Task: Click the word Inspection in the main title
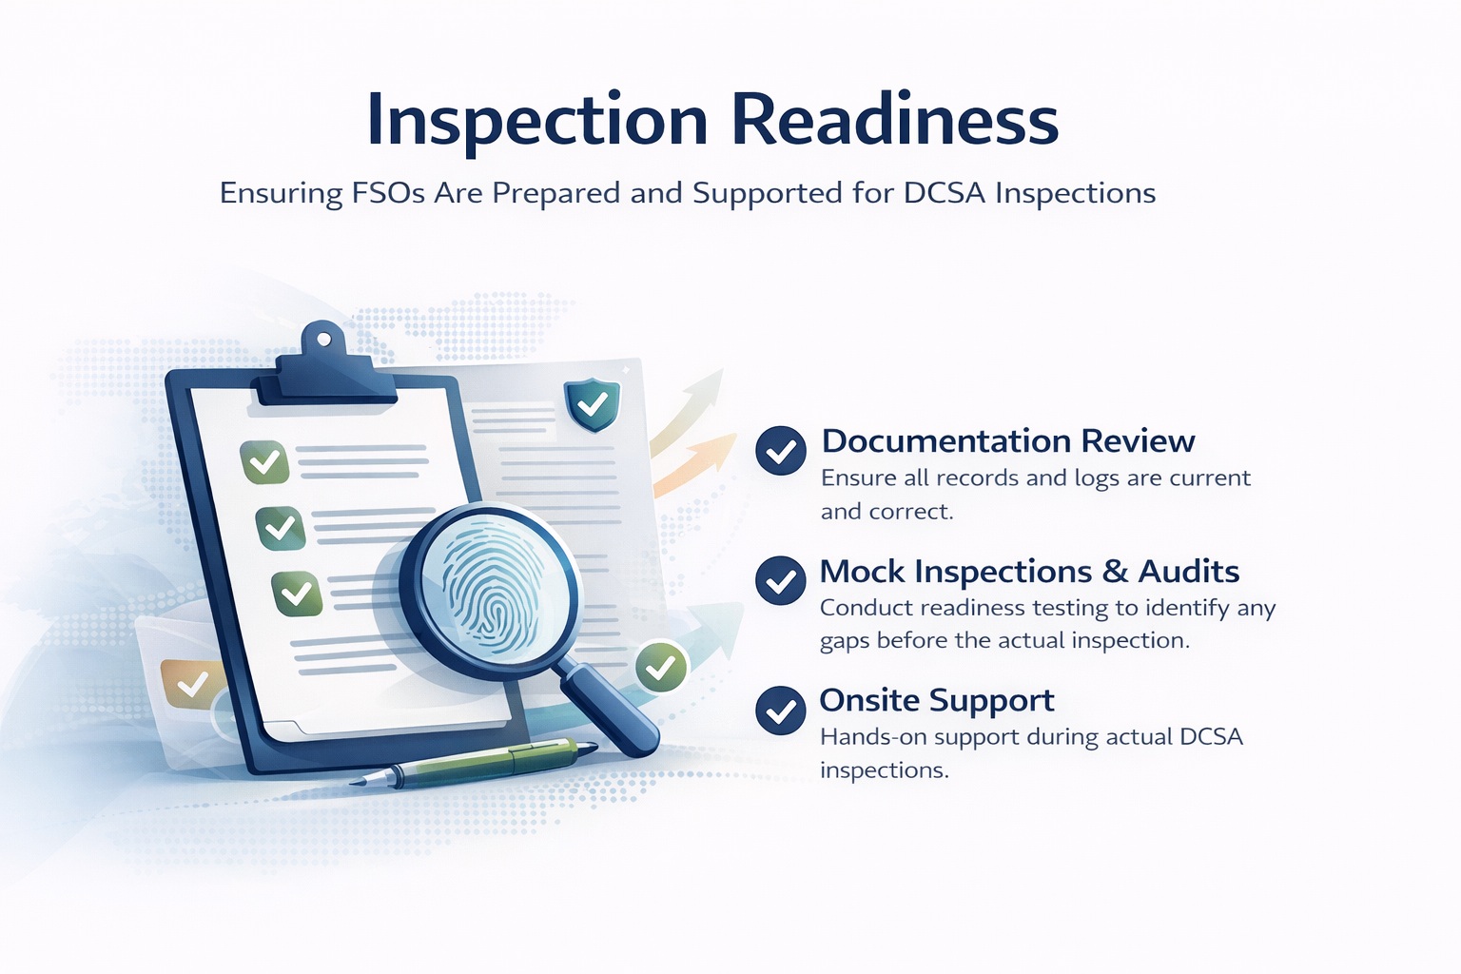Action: [x=537, y=121]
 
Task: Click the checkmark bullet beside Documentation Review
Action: [x=781, y=450]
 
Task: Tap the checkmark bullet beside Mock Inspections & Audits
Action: [x=781, y=580]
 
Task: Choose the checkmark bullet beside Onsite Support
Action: [x=781, y=711]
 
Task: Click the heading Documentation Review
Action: [x=1008, y=441]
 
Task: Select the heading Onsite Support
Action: [x=937, y=701]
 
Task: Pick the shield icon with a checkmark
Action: [x=593, y=404]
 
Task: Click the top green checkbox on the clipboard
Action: [x=264, y=463]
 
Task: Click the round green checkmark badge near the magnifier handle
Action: [x=661, y=668]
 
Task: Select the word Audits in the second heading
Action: [x=1189, y=572]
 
